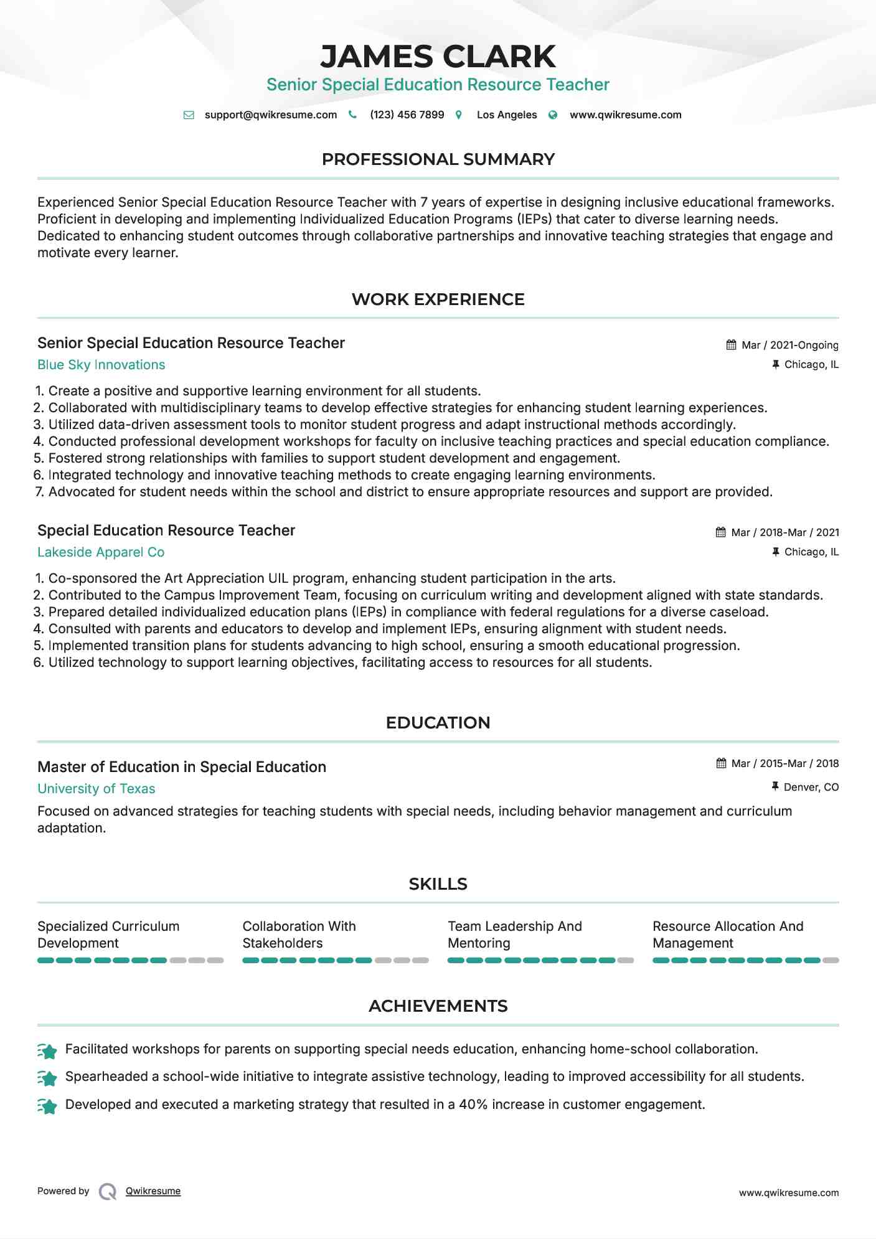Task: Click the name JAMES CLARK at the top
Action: pos(438,57)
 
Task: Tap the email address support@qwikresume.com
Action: pos(270,115)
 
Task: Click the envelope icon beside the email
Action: pos(189,115)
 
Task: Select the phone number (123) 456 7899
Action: pos(407,115)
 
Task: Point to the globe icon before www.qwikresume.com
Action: pos(553,115)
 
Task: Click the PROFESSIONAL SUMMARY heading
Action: pos(438,159)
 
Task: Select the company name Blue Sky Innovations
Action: pos(101,365)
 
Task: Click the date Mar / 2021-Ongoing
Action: pos(789,346)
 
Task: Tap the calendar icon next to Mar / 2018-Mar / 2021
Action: pos(720,532)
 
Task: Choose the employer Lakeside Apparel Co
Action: pos(101,552)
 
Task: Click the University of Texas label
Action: pos(96,789)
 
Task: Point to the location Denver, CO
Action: pos(811,788)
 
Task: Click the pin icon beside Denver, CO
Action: pos(775,787)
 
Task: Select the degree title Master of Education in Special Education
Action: pos(182,767)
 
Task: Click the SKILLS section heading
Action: pos(438,884)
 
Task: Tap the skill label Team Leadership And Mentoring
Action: pos(514,935)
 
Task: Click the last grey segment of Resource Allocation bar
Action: pos(831,961)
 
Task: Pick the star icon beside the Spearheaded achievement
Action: pos(47,1077)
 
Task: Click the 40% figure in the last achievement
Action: pos(473,1105)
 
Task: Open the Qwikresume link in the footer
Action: pos(153,1191)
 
